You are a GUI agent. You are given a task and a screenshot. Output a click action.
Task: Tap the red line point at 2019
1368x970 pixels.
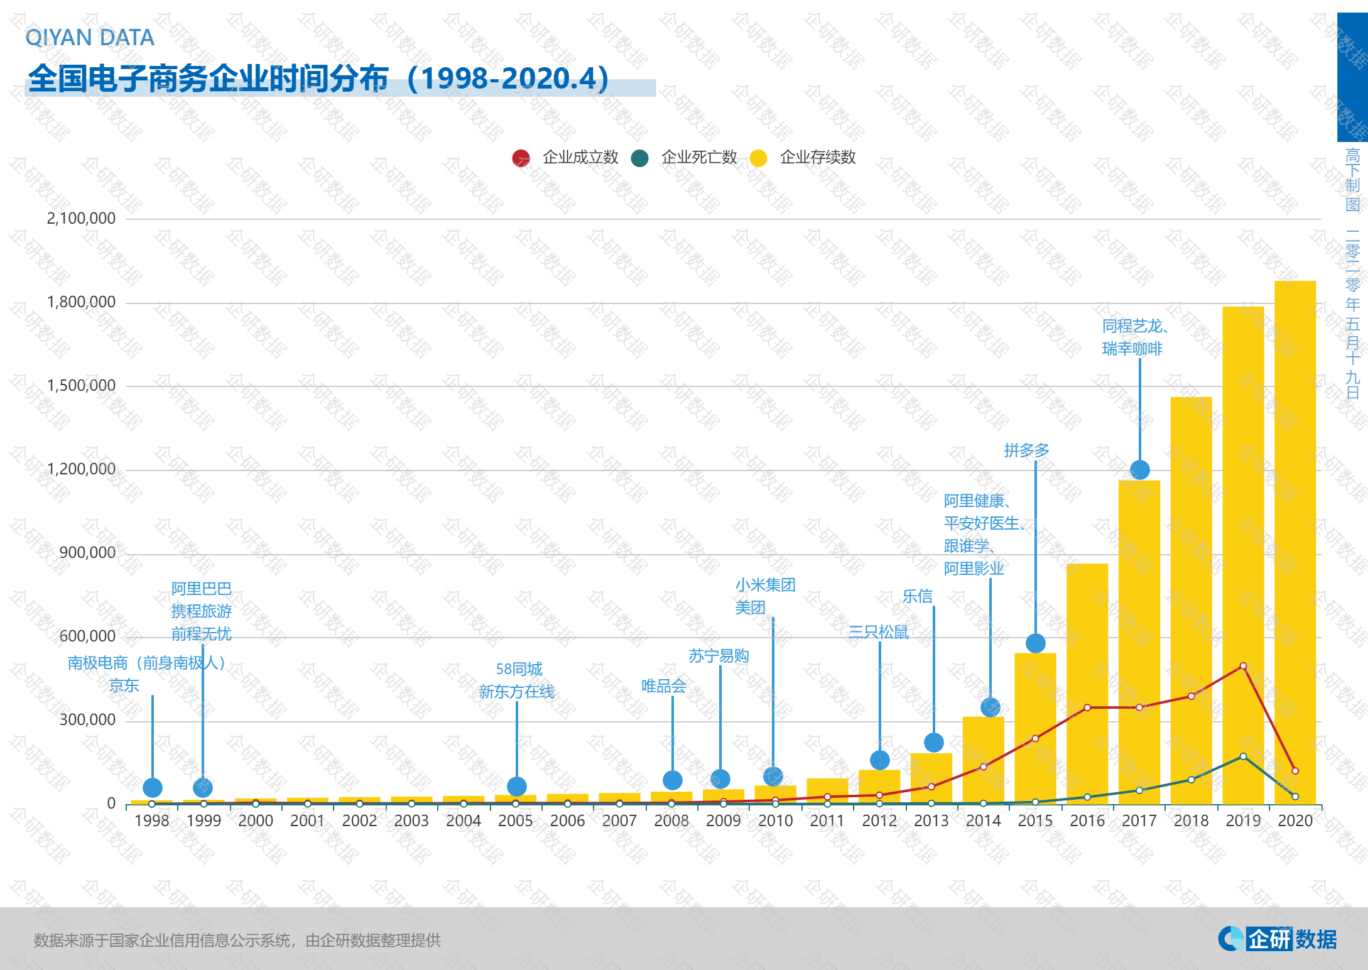(x=1243, y=666)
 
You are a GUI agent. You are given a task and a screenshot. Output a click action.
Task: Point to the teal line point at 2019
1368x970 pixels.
(x=1243, y=756)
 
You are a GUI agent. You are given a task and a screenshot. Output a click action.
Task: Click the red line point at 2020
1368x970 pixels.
(x=1295, y=771)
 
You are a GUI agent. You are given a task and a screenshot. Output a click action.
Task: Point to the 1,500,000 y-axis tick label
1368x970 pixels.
(x=81, y=386)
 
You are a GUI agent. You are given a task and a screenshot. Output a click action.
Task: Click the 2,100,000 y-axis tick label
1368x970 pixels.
(x=81, y=219)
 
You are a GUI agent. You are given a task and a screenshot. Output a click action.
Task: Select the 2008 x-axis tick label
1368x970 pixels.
(x=671, y=821)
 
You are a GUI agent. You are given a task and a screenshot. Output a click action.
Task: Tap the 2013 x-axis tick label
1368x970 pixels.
(x=931, y=821)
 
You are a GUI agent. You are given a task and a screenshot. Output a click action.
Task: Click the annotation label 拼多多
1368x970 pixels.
(x=1026, y=450)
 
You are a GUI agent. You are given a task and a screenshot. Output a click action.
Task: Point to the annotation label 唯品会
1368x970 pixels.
(x=663, y=686)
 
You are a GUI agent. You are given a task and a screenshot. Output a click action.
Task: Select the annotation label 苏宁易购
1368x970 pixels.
(x=719, y=656)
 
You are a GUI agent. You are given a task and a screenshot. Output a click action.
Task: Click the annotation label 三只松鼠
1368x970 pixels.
(x=878, y=632)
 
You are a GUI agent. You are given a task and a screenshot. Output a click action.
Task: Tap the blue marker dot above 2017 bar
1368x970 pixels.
(x=1139, y=469)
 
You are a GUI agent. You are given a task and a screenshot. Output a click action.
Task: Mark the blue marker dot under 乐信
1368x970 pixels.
(x=934, y=743)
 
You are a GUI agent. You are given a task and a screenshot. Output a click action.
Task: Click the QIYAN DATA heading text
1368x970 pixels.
(x=89, y=38)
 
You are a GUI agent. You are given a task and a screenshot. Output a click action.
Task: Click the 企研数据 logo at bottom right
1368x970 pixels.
(x=1278, y=939)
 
